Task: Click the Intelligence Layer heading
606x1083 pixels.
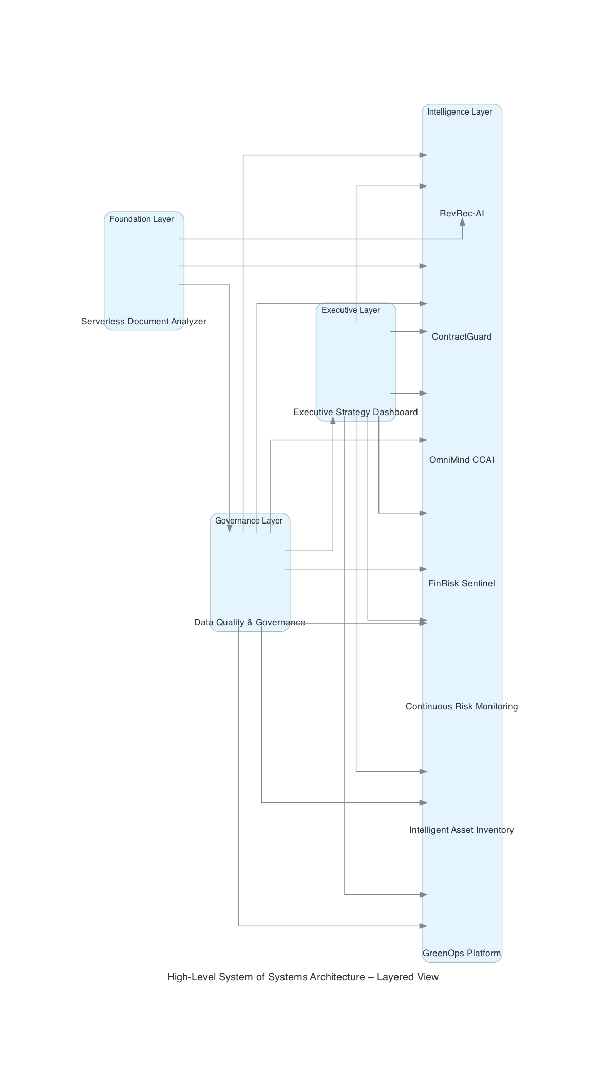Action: [x=460, y=112]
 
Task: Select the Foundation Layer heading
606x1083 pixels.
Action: [x=142, y=219]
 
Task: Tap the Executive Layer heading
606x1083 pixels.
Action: [x=351, y=310]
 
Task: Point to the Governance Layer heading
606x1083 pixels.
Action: [x=249, y=521]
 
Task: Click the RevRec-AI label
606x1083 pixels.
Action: [x=462, y=213]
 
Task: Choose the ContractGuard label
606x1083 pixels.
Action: [x=462, y=337]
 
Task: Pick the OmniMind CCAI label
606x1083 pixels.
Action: [x=462, y=460]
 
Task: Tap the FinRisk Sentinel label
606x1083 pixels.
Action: [x=462, y=583]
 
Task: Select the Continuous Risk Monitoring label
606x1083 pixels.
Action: [x=462, y=706]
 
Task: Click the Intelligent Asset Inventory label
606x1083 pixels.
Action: [x=462, y=830]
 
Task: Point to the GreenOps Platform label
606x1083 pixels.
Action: [x=462, y=953]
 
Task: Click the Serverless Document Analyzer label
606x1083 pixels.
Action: [x=144, y=322]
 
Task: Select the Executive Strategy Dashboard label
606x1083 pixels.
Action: [x=355, y=412]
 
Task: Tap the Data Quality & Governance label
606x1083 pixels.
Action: [x=250, y=622]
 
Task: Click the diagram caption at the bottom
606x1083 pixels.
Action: [x=303, y=977]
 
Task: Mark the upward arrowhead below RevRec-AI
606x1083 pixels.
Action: [x=462, y=221]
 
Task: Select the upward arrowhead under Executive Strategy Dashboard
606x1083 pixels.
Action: [x=333, y=420]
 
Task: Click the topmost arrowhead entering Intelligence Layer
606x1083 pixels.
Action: [x=424, y=155]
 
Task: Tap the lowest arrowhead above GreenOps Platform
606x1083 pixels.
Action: [x=424, y=926]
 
